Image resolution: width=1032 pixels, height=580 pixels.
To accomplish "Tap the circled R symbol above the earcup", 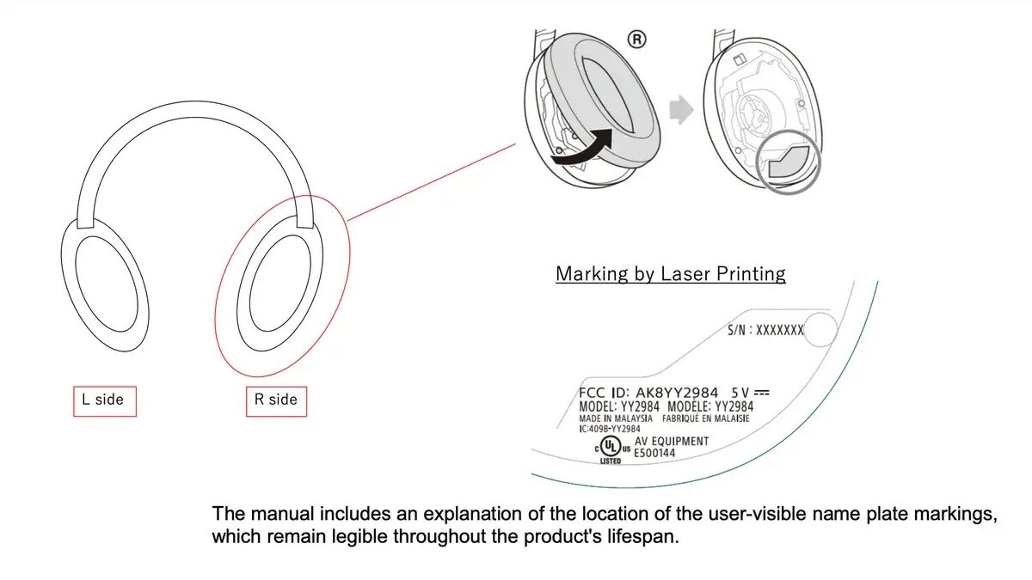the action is click(636, 40).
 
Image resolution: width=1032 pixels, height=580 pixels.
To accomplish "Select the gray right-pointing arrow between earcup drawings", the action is click(681, 110).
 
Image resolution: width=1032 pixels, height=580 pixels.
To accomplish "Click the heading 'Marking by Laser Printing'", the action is click(671, 274).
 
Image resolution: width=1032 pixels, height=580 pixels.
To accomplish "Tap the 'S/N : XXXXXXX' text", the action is click(765, 330).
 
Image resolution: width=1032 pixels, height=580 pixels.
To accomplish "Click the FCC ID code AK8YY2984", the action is click(677, 393).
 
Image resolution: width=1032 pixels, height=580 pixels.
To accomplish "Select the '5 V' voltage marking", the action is click(740, 393).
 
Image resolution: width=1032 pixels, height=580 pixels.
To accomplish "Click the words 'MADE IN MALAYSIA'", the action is click(616, 418).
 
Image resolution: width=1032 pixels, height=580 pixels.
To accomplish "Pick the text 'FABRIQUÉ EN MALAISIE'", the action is click(706, 418).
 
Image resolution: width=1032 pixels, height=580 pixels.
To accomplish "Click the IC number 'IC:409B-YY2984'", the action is click(610, 429).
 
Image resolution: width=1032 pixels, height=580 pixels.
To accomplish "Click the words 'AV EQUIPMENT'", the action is click(672, 442).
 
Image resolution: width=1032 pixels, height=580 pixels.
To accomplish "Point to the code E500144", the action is click(654, 454).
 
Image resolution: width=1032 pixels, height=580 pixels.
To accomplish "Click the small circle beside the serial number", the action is click(820, 329).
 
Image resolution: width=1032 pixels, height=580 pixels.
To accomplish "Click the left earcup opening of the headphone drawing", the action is click(107, 284).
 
